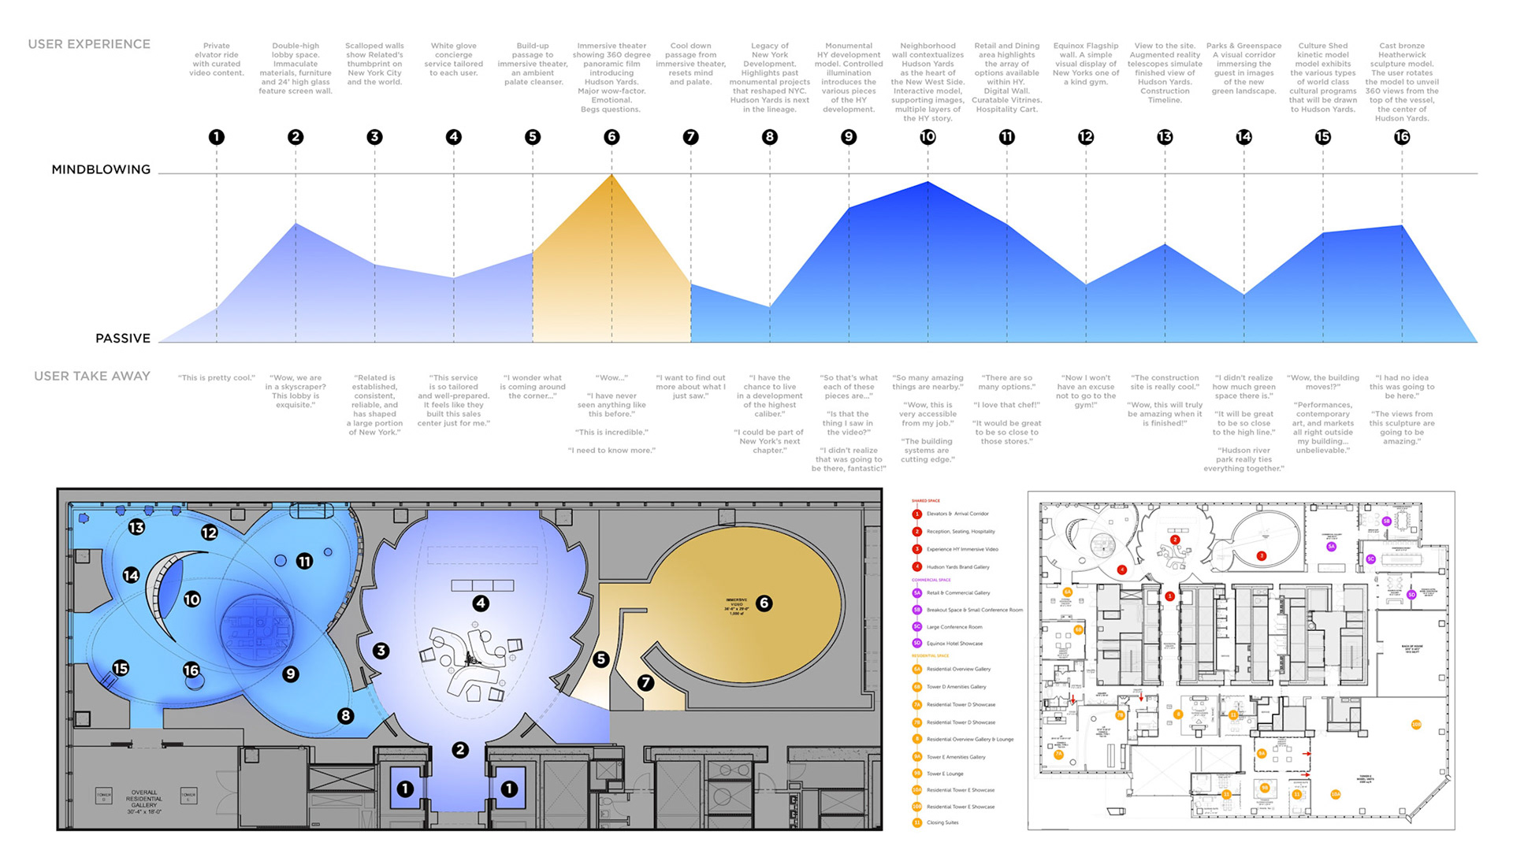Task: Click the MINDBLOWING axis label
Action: (101, 169)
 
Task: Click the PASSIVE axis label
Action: (123, 338)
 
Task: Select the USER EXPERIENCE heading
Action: (89, 44)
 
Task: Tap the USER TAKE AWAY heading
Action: (92, 377)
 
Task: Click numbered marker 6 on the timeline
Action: (612, 137)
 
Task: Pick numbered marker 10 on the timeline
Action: (928, 137)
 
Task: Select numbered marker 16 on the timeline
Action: (1402, 137)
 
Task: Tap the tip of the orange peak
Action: (612, 175)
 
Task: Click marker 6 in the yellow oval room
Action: (764, 603)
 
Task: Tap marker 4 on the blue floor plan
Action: (481, 603)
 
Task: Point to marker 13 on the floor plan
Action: (136, 527)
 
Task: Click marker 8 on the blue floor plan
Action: (345, 716)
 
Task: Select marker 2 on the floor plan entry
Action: (460, 750)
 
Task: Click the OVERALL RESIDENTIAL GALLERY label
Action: (144, 801)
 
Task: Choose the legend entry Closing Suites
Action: (942, 822)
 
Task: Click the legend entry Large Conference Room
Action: (954, 627)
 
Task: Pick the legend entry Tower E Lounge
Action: (945, 774)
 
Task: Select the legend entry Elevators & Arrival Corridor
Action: (957, 514)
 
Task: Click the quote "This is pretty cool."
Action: (217, 378)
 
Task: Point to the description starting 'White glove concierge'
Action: (454, 59)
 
